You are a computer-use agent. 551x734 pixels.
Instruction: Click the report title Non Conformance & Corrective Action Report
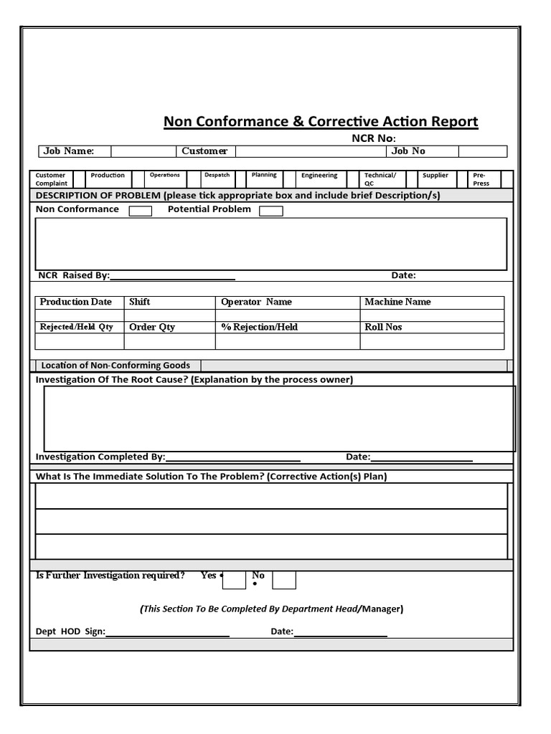[321, 122]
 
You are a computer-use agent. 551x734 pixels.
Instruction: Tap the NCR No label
[373, 138]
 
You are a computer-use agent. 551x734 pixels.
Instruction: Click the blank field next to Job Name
[142, 151]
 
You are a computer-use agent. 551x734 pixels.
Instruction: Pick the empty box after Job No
[482, 151]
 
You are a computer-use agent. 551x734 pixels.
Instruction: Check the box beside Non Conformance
[140, 211]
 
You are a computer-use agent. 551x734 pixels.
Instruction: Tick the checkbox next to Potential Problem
[270, 211]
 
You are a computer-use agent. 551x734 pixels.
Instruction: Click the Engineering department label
[319, 176]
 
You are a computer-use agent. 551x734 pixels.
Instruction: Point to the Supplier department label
[435, 176]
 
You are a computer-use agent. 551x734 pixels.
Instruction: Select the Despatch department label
[217, 175]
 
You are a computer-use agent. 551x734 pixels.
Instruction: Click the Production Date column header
[76, 302]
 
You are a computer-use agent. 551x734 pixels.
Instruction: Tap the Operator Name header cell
[256, 302]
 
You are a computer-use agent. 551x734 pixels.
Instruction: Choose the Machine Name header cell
[397, 302]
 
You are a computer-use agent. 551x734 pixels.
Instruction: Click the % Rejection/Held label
[259, 328]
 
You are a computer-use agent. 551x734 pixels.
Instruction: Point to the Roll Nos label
[383, 328]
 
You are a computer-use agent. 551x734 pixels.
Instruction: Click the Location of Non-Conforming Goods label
[116, 366]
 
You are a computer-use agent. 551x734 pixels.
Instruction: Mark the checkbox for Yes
[234, 580]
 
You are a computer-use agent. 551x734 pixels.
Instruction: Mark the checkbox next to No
[284, 580]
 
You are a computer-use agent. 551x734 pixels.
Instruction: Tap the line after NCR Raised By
[172, 276]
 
